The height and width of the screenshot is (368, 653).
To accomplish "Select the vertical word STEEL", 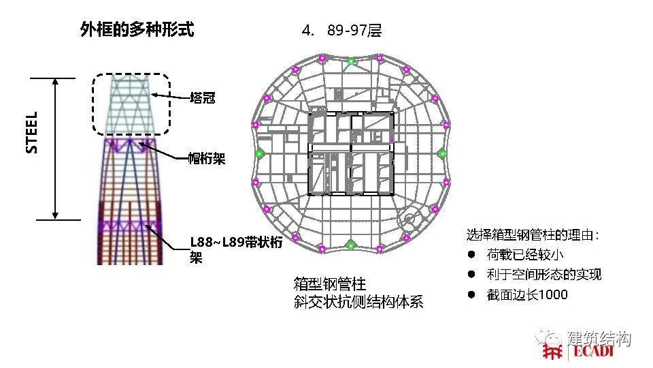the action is coord(32,132).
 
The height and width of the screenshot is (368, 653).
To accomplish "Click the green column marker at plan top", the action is coord(351,61).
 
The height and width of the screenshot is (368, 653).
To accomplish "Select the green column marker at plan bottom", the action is coord(351,245).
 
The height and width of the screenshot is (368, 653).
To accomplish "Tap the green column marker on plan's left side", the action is coord(259,154).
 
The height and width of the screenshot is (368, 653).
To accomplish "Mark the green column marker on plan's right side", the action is coord(442,153).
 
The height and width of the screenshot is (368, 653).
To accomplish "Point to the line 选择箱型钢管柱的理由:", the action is coord(533,236).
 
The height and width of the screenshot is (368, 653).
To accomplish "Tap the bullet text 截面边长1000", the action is coord(527,295).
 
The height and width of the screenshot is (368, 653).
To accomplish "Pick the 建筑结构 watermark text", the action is coord(599,338).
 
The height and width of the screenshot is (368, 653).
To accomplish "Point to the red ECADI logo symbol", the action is coord(553,352).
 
